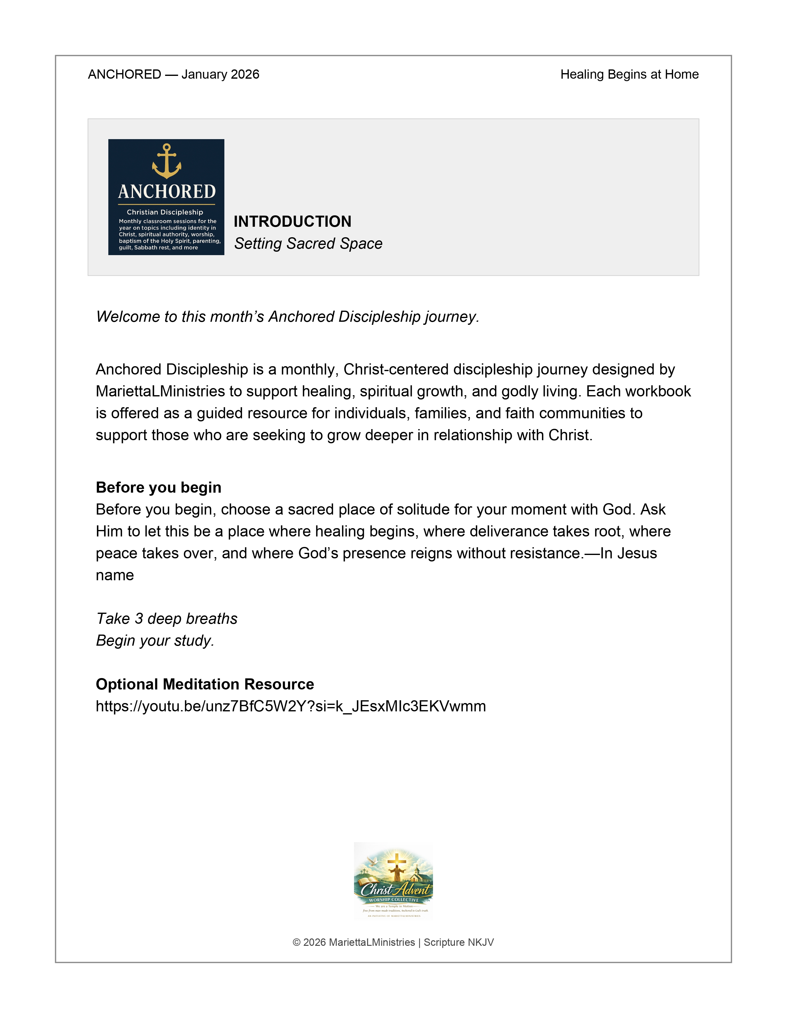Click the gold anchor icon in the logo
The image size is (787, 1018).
click(166, 161)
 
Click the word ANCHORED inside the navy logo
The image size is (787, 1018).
click(166, 192)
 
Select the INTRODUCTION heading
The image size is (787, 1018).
click(292, 221)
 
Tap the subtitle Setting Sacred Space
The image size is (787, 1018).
click(308, 243)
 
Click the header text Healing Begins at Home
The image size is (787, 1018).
click(629, 75)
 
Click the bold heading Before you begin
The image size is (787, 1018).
click(159, 487)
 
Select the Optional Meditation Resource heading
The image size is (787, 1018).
click(205, 684)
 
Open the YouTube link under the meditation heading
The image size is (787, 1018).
click(290, 706)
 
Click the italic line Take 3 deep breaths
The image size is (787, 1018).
click(166, 619)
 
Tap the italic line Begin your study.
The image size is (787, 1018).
click(155, 640)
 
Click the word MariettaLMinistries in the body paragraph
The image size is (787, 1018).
click(160, 391)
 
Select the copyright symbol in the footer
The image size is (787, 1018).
click(297, 942)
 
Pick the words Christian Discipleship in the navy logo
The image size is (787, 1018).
click(165, 212)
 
